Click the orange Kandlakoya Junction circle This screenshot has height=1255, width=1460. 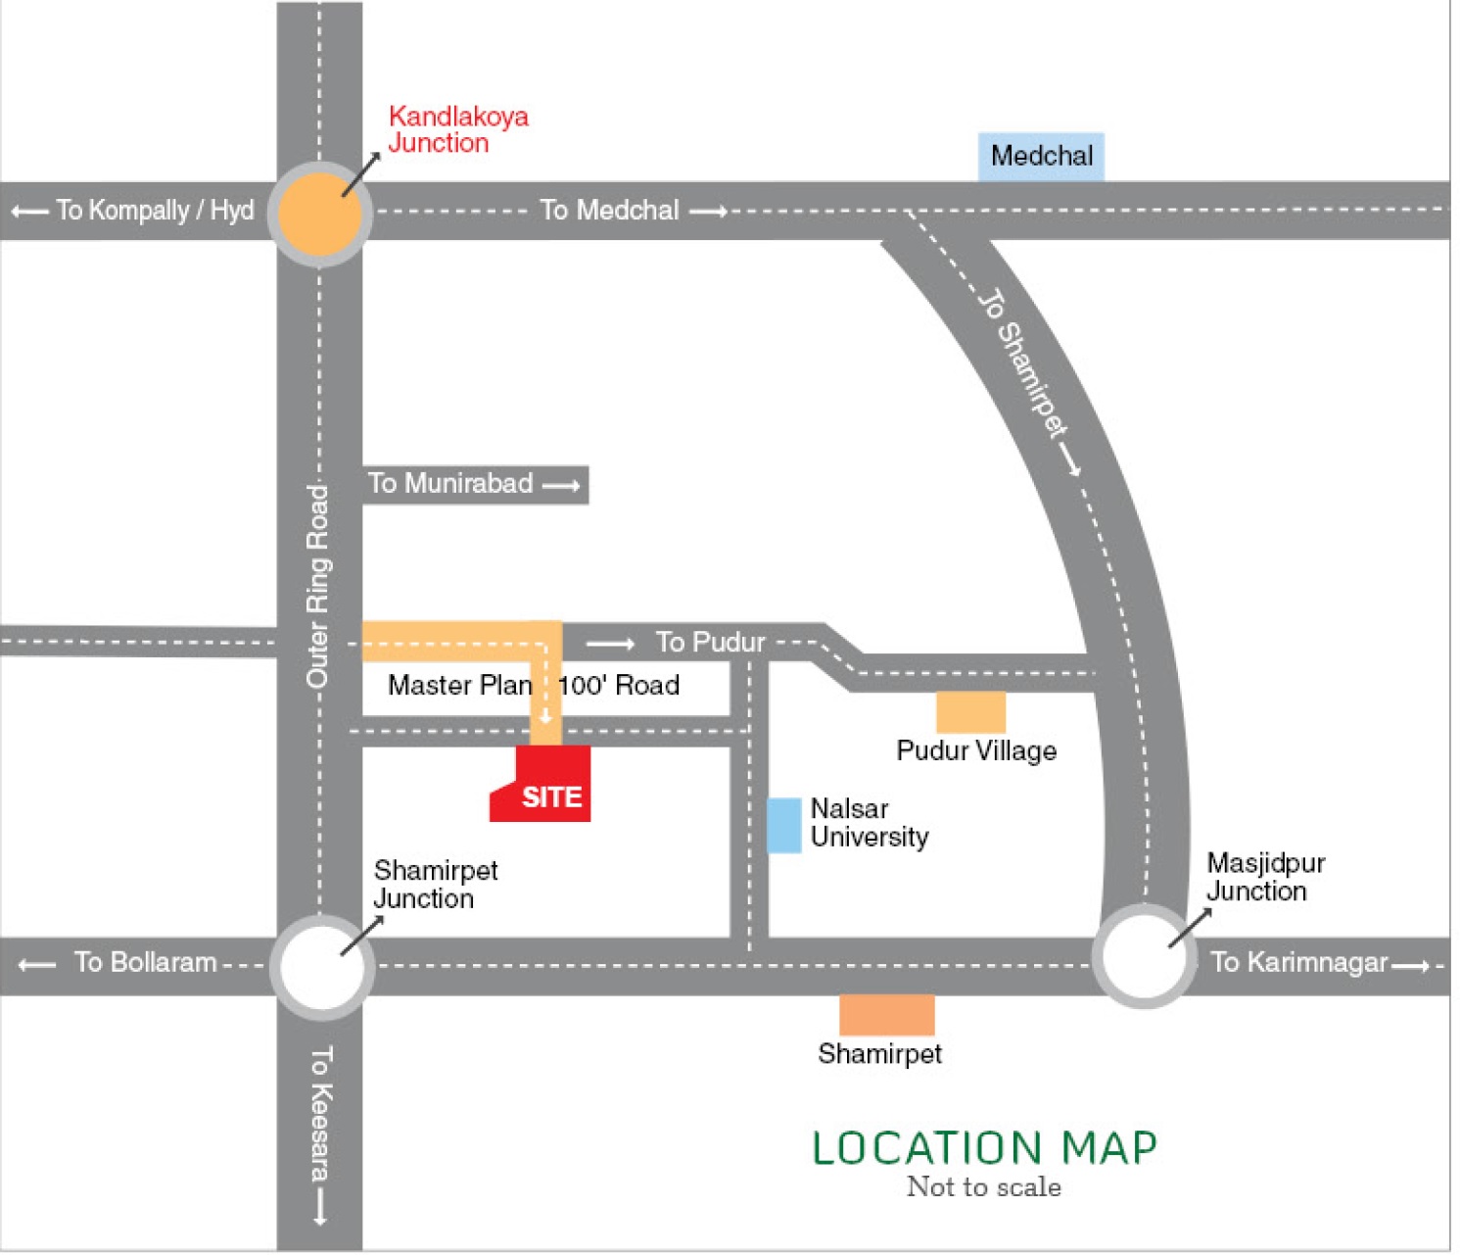pos(319,214)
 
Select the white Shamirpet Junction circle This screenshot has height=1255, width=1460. pos(321,967)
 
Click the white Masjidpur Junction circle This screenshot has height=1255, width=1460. pos(1143,956)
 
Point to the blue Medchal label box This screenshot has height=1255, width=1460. pos(1041,157)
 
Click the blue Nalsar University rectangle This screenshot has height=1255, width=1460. pos(783,825)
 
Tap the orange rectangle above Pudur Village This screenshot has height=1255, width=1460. pos(970,712)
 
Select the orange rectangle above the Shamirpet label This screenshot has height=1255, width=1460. pos(886,1015)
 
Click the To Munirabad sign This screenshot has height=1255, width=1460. pos(475,484)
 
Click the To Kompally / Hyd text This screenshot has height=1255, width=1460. pos(154,211)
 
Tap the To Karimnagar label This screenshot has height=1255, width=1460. pos(1299,963)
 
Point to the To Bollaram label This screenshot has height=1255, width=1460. pos(145,963)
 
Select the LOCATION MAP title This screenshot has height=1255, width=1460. pos(984,1148)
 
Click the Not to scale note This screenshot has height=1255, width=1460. pos(983,1187)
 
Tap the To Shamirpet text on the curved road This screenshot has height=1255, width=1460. pos(1023,362)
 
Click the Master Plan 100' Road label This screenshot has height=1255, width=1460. pos(534,685)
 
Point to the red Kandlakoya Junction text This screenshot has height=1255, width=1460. pos(457,129)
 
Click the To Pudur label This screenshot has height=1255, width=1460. pos(709,643)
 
